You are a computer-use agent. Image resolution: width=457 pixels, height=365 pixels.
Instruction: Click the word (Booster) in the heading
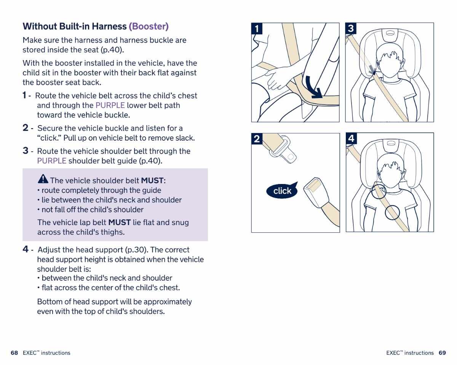(x=149, y=26)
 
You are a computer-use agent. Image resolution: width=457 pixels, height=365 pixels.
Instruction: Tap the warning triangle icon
(x=43, y=179)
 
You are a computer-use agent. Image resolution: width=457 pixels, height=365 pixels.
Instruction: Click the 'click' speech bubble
(x=283, y=191)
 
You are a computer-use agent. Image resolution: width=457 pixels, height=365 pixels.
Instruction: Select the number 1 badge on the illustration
(x=257, y=29)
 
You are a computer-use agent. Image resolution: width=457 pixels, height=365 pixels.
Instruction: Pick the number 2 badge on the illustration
(x=257, y=139)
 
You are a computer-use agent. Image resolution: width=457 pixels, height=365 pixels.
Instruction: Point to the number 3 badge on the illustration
(x=351, y=29)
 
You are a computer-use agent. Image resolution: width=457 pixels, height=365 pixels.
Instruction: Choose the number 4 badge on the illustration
(x=351, y=139)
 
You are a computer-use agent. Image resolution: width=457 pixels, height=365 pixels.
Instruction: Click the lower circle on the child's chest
(x=392, y=213)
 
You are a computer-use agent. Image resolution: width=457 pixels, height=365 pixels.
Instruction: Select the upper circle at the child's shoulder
(x=379, y=192)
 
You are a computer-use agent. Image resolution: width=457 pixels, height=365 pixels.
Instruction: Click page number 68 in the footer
(x=14, y=353)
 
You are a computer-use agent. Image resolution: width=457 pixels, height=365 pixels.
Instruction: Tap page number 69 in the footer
(x=442, y=353)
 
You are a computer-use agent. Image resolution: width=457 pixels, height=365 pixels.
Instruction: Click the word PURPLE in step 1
(x=110, y=105)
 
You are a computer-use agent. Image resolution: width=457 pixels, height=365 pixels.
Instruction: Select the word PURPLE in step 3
(x=52, y=161)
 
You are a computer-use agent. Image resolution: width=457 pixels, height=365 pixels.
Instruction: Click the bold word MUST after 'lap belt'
(x=120, y=222)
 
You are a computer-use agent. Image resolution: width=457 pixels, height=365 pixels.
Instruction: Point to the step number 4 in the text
(x=26, y=249)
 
